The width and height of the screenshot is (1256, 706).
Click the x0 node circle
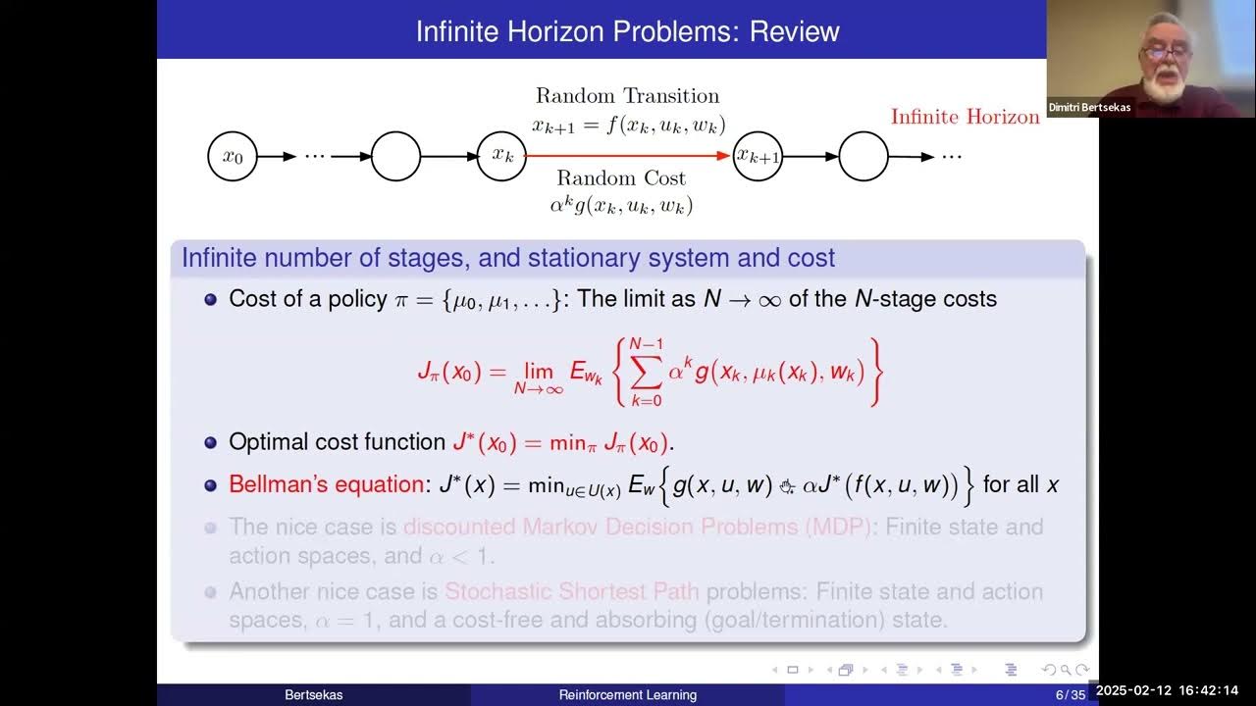pyautogui.click(x=233, y=156)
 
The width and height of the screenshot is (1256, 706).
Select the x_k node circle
pyautogui.click(x=501, y=156)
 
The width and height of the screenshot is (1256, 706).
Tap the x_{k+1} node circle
pyautogui.click(x=759, y=156)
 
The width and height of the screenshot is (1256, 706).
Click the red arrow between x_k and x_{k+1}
pyautogui.click(x=628, y=156)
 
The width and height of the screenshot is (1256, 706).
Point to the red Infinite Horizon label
pyautogui.click(x=965, y=117)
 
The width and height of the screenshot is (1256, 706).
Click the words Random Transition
pyautogui.click(x=627, y=96)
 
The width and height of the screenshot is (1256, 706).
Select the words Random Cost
pyautogui.click(x=621, y=178)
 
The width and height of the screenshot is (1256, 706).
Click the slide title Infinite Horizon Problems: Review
pyautogui.click(x=627, y=30)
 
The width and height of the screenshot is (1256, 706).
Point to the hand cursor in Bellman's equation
pyautogui.click(x=786, y=485)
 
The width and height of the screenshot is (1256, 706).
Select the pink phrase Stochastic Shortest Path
pyautogui.click(x=572, y=592)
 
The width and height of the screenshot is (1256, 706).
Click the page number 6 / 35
pyautogui.click(x=1071, y=695)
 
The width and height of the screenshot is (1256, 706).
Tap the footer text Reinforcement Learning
pyautogui.click(x=628, y=695)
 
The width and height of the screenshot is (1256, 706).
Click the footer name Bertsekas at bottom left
pyautogui.click(x=314, y=695)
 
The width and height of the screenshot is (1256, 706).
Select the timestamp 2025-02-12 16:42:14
pyautogui.click(x=1174, y=690)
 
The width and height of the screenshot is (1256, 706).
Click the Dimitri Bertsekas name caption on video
pyautogui.click(x=1097, y=107)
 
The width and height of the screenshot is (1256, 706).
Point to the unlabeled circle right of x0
pyautogui.click(x=395, y=156)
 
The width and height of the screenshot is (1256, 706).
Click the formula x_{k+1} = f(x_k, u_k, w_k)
pyautogui.click(x=628, y=125)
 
